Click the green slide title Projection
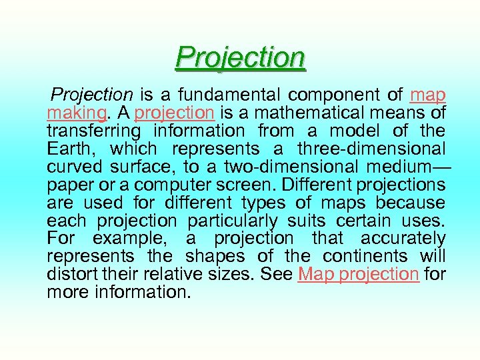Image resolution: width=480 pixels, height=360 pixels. [241, 57]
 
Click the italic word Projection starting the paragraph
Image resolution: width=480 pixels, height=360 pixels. [93, 95]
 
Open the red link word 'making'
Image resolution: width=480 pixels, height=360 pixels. [75, 113]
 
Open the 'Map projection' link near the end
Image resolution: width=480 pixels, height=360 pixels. [359, 274]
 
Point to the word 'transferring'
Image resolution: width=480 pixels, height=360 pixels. [94, 131]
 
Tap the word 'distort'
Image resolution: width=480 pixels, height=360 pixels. [71, 274]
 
